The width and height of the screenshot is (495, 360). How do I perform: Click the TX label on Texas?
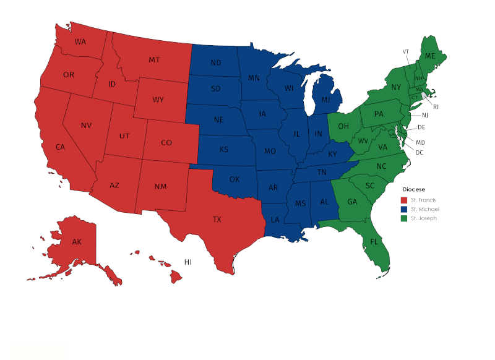click(x=217, y=220)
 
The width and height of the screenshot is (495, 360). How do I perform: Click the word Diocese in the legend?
click(x=414, y=189)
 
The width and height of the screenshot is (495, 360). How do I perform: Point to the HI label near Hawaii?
click(x=187, y=262)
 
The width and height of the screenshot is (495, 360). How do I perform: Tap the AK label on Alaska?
click(x=77, y=241)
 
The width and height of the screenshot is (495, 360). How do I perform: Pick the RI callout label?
click(x=436, y=106)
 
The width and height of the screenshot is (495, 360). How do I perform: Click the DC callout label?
click(x=420, y=152)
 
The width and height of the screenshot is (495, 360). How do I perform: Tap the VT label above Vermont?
click(x=406, y=51)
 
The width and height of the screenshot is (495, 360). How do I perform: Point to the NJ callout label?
click(x=425, y=116)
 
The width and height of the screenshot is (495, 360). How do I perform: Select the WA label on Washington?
click(x=80, y=42)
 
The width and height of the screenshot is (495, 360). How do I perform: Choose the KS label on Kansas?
click(x=223, y=150)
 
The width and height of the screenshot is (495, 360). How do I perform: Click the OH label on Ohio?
click(x=343, y=127)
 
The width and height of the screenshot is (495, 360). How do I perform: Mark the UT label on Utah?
click(x=124, y=136)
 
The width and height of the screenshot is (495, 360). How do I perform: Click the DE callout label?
click(x=421, y=127)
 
